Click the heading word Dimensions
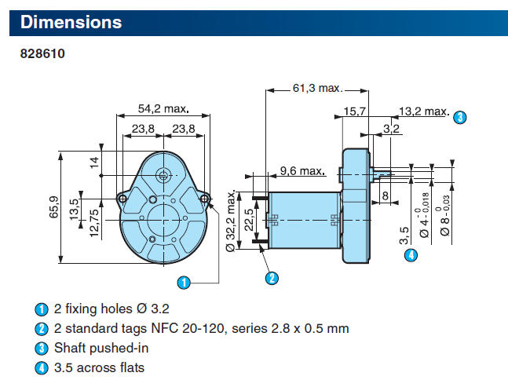71,22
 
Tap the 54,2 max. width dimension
163,108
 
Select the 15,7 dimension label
355,113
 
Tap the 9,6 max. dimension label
302,170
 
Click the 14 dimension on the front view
95,163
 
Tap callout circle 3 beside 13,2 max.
460,117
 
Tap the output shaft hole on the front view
163,174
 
